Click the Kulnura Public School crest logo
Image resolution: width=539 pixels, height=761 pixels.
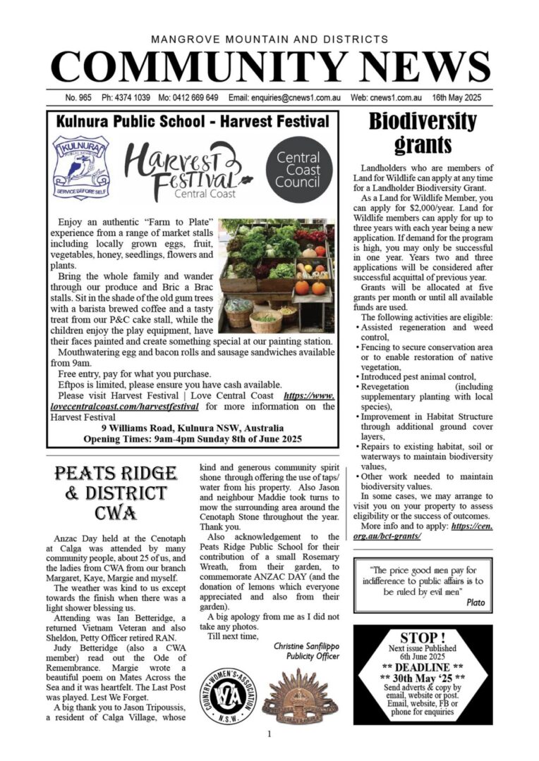(80, 168)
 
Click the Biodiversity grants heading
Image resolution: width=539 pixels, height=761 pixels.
(423, 132)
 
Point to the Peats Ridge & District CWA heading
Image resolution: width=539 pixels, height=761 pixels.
(116, 493)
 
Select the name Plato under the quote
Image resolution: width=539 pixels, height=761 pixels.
(473, 602)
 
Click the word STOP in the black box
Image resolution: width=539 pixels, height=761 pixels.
(423, 638)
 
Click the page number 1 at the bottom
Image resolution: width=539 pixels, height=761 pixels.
(269, 734)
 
